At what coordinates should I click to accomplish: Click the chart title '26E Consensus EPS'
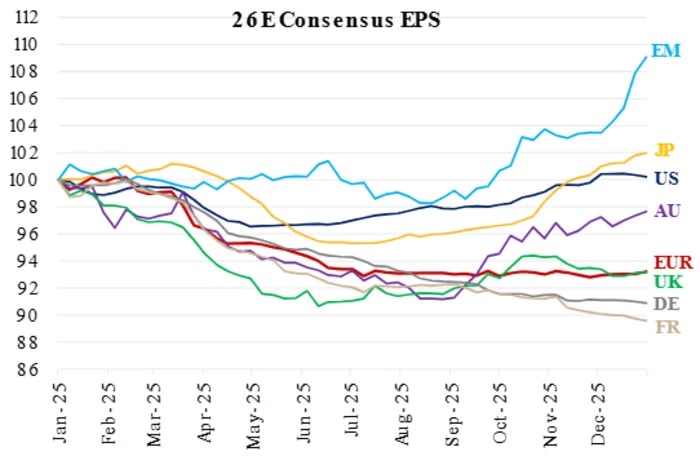336,21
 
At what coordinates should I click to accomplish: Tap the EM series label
666,50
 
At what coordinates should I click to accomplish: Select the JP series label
664,150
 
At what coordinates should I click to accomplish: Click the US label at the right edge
667,178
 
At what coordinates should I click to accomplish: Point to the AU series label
667,210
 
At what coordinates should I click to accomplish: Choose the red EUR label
673,262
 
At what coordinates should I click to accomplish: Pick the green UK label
668,282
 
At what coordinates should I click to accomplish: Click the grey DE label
667,304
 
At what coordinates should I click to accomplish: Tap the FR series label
668,327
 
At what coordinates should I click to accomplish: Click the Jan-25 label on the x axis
60,411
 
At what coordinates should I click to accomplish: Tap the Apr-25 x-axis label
205,411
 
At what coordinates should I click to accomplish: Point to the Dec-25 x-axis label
598,413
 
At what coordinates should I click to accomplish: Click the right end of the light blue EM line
646,57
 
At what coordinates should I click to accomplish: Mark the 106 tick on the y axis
25,99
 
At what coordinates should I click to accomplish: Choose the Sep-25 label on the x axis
452,413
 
